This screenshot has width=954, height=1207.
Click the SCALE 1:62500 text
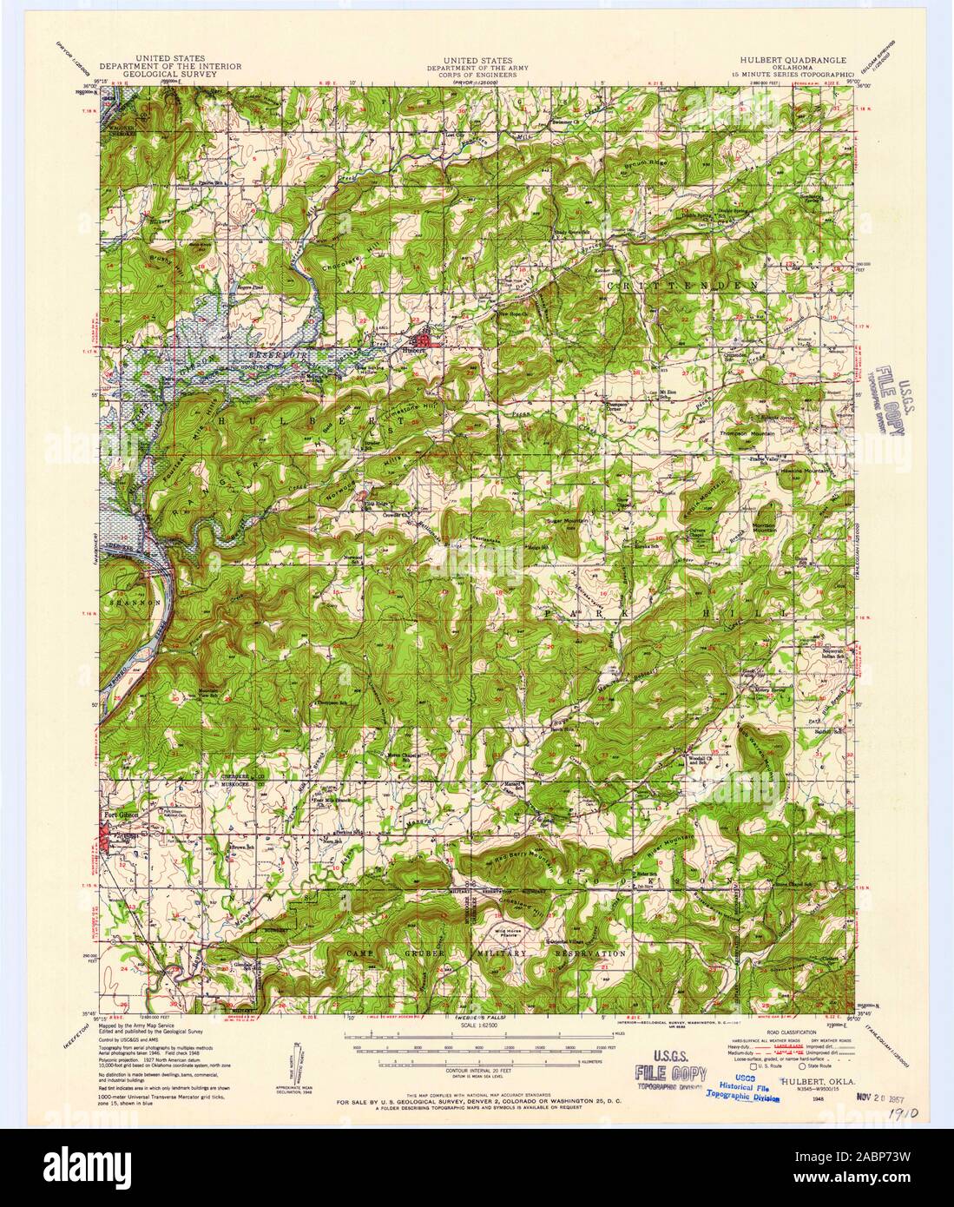(477, 1026)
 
